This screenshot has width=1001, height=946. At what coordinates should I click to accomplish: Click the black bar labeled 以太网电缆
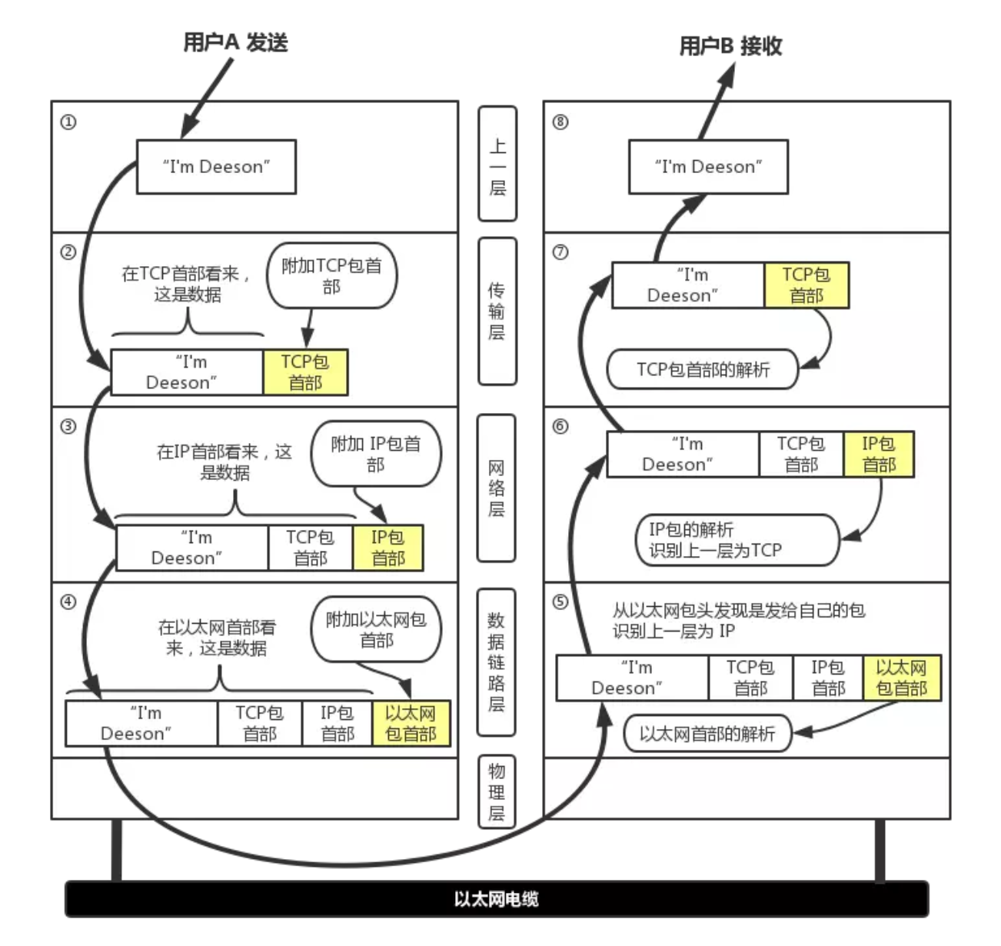pyautogui.click(x=496, y=898)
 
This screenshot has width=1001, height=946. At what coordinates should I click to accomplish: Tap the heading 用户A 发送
pyautogui.click(x=235, y=42)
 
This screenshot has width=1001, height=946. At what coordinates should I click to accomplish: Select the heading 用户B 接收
pyautogui.click(x=730, y=46)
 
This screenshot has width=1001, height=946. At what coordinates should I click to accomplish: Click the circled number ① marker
pyautogui.click(x=68, y=122)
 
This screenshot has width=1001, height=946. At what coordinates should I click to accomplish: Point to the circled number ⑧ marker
pyautogui.click(x=560, y=122)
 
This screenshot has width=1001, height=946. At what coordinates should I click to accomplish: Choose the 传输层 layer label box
pyautogui.click(x=497, y=311)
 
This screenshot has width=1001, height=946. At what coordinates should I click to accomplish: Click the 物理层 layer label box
pyautogui.click(x=497, y=792)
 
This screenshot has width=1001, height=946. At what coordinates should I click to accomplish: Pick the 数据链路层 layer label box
pyautogui.click(x=497, y=661)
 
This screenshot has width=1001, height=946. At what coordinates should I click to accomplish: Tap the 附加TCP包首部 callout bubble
pyautogui.click(x=331, y=276)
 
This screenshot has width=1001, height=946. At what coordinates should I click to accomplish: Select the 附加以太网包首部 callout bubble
pyautogui.click(x=376, y=630)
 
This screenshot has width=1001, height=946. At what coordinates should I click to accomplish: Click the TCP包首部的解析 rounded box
pyautogui.click(x=703, y=370)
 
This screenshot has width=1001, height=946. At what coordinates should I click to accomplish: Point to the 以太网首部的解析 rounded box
pyautogui.click(x=707, y=734)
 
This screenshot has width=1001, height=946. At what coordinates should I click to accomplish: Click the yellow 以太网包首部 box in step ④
pyautogui.click(x=411, y=724)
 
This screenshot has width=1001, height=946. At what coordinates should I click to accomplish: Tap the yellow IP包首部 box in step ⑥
pyautogui.click(x=879, y=455)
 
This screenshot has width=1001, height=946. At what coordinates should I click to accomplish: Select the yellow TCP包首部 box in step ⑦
pyautogui.click(x=806, y=285)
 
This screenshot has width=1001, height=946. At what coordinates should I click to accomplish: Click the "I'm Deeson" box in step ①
pyautogui.click(x=216, y=167)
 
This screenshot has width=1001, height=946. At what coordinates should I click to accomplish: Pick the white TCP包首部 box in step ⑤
pyautogui.click(x=750, y=678)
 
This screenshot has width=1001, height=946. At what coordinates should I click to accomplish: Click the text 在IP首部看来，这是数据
pyautogui.click(x=224, y=462)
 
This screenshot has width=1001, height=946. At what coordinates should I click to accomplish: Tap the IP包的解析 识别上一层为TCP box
pyautogui.click(x=737, y=540)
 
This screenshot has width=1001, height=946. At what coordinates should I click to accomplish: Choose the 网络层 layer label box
pyautogui.click(x=497, y=488)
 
